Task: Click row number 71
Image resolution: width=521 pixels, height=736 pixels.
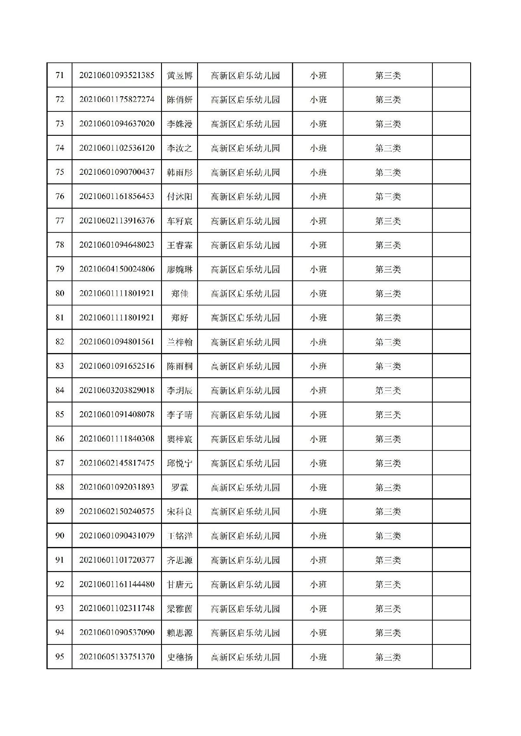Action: pyautogui.click(x=59, y=75)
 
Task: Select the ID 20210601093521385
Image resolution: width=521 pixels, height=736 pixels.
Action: pyautogui.click(x=117, y=75)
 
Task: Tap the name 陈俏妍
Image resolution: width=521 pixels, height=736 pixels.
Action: pyautogui.click(x=179, y=100)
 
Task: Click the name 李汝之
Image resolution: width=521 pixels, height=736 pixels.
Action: pyautogui.click(x=179, y=148)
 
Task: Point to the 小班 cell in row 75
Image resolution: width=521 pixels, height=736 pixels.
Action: pyautogui.click(x=318, y=173)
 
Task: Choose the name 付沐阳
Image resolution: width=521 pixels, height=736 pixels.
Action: pyautogui.click(x=179, y=197)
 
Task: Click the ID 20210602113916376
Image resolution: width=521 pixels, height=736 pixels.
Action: pyautogui.click(x=117, y=221)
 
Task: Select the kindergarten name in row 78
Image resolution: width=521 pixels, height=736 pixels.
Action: pyautogui.click(x=245, y=245)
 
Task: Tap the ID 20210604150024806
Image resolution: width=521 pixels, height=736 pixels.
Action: pyautogui.click(x=117, y=269)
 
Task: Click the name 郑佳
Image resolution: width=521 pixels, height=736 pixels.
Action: pyautogui.click(x=179, y=294)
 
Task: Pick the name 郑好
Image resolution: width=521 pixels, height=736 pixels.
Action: pyautogui.click(x=179, y=318)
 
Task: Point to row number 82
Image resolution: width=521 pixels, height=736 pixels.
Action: pyautogui.click(x=59, y=342)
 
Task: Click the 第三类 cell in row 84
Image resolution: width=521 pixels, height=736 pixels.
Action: pyautogui.click(x=388, y=391)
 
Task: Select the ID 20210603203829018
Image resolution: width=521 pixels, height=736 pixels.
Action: pyautogui.click(x=117, y=391)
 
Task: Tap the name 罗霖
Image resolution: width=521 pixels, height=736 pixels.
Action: pyautogui.click(x=179, y=487)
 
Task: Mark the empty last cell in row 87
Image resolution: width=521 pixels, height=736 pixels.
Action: pyautogui.click(x=451, y=463)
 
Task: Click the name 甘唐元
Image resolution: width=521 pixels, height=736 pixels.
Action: pyautogui.click(x=179, y=585)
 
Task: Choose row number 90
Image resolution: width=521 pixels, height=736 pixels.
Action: pyautogui.click(x=59, y=536)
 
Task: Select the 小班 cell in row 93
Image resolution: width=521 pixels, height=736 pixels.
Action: pyautogui.click(x=318, y=609)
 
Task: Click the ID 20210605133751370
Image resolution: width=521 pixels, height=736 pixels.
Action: pyautogui.click(x=117, y=657)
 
